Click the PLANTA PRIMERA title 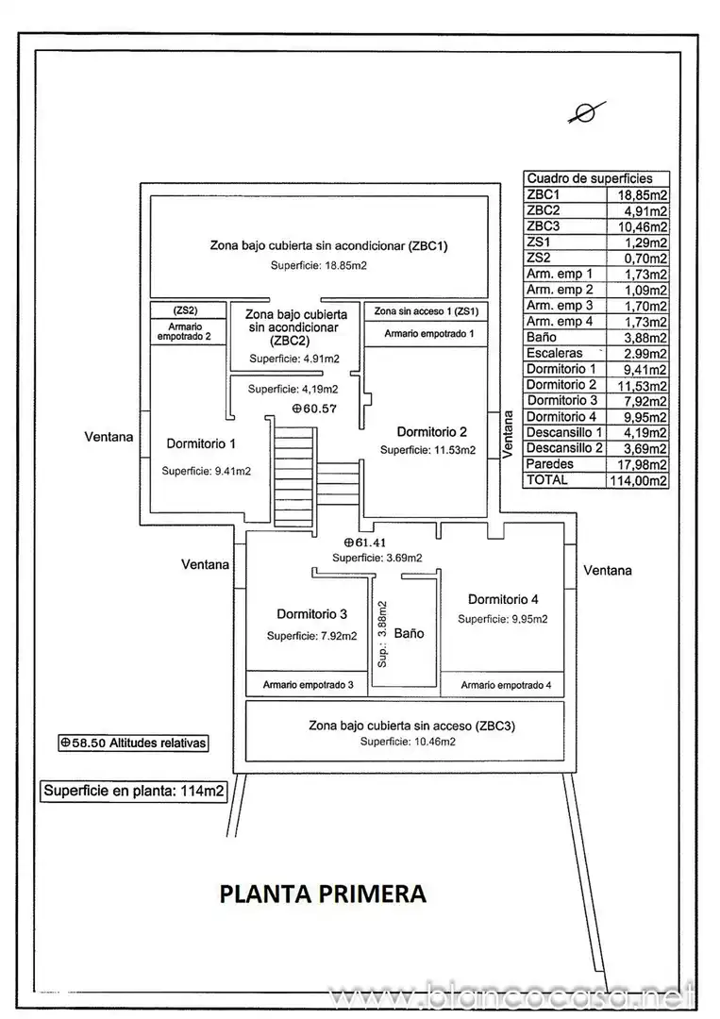click(x=323, y=894)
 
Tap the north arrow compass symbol click(x=586, y=112)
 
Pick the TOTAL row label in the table click(x=547, y=479)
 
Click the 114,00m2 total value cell click(x=638, y=481)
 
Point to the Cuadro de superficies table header click(x=590, y=178)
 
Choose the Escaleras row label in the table click(x=554, y=353)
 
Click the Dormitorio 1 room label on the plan click(x=201, y=443)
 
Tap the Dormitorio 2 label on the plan click(x=431, y=432)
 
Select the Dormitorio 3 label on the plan click(x=312, y=614)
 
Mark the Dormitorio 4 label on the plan click(x=503, y=599)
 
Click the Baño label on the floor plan click(x=409, y=633)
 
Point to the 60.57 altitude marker click(x=314, y=409)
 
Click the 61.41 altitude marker click(x=365, y=542)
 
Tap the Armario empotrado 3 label click(x=308, y=684)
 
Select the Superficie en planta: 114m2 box click(x=134, y=791)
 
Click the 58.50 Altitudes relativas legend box click(x=134, y=743)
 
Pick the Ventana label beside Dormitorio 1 click(x=109, y=437)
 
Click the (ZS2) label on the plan click(x=185, y=310)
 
